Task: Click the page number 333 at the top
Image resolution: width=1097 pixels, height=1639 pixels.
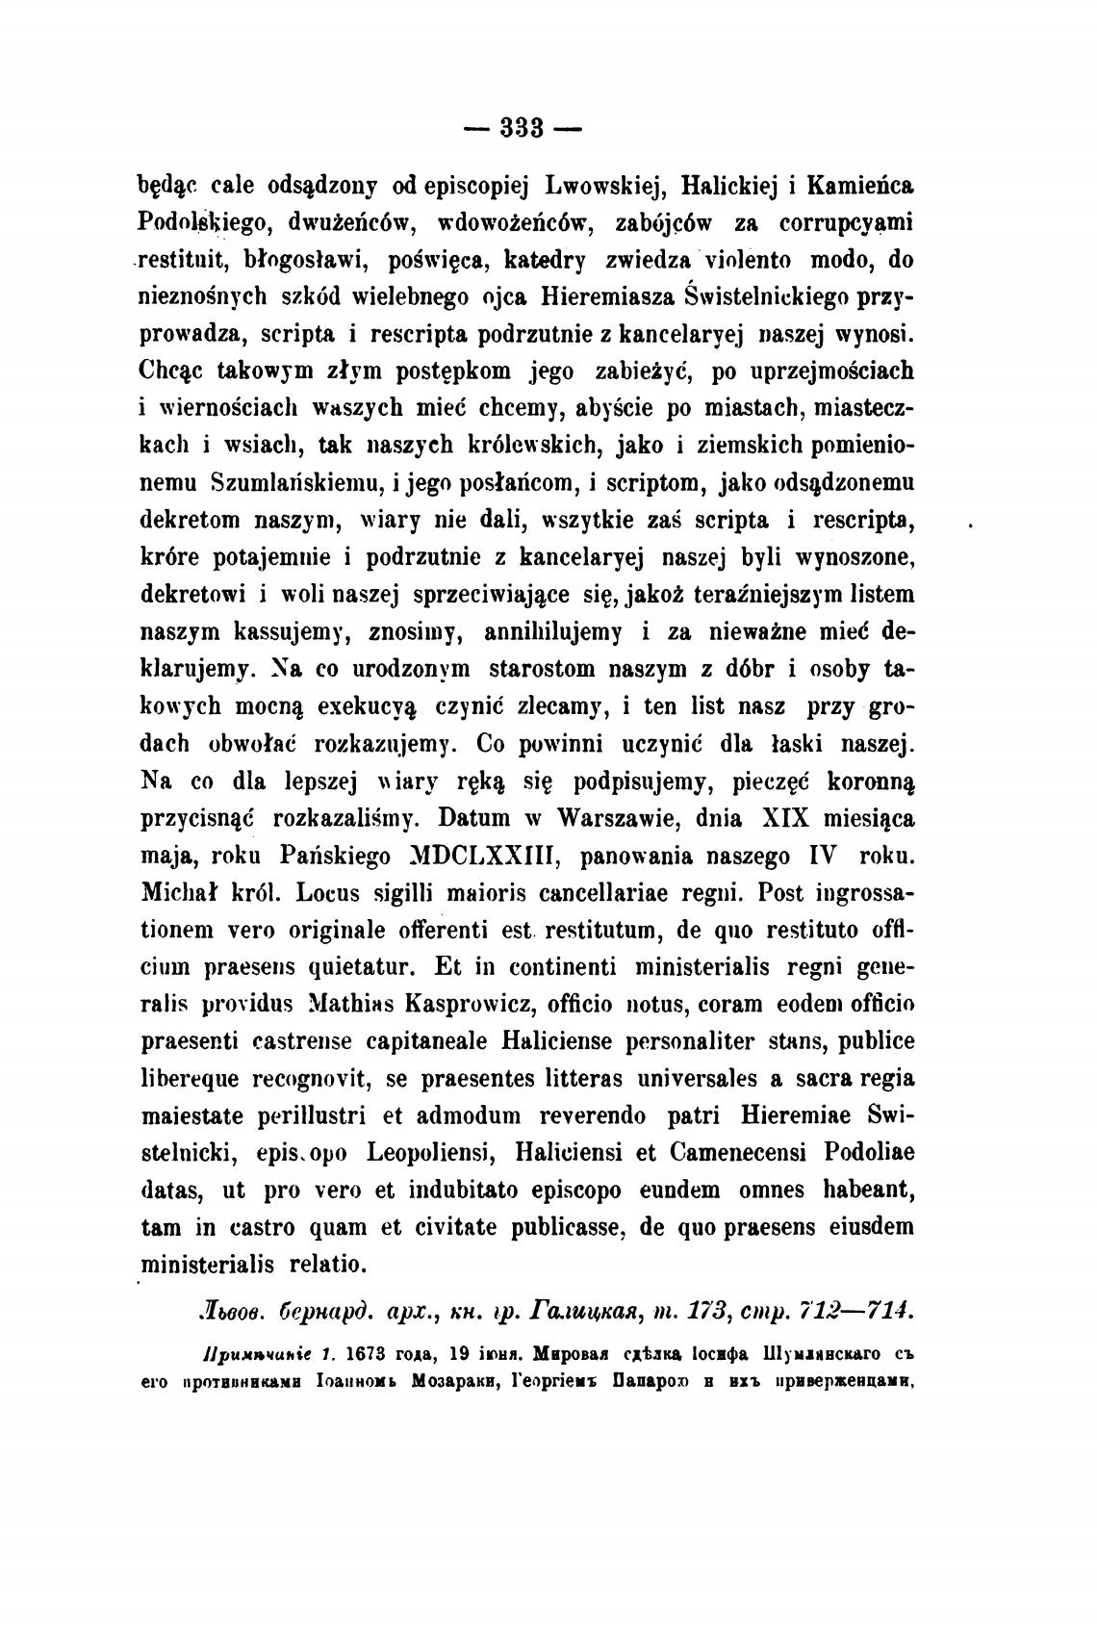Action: click(523, 127)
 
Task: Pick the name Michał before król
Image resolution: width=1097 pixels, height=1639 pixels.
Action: click(176, 893)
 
